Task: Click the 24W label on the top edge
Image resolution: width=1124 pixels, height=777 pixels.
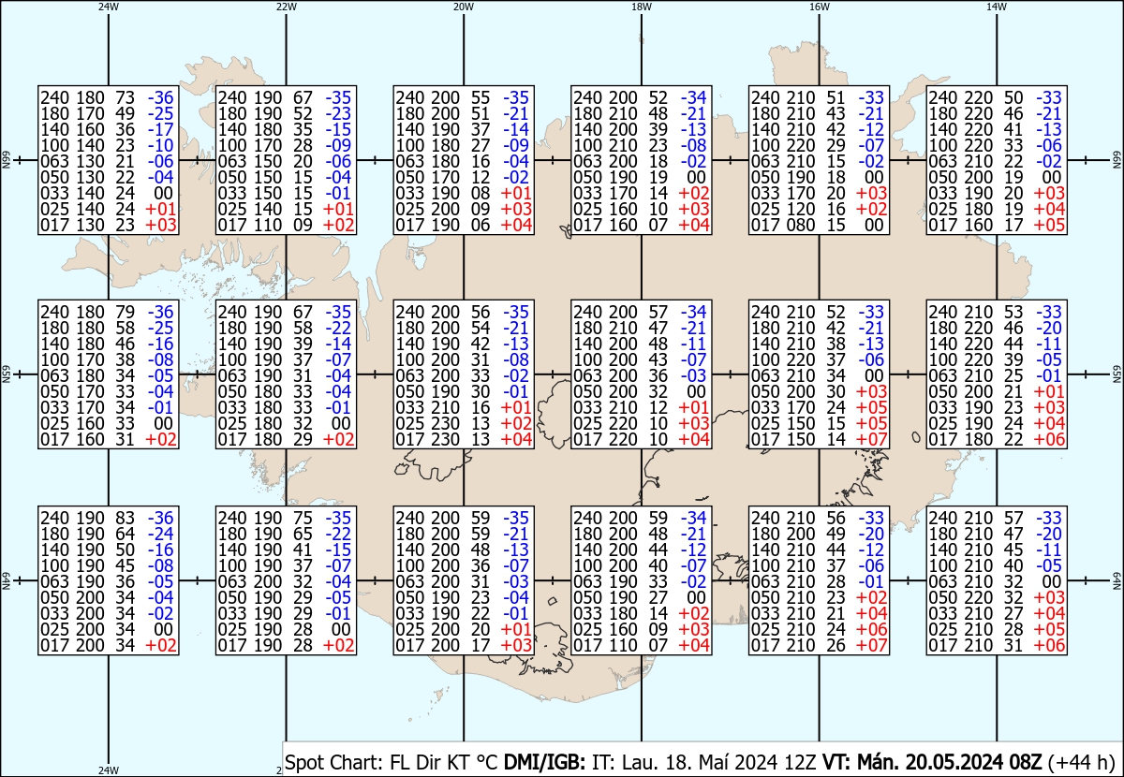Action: tap(109, 7)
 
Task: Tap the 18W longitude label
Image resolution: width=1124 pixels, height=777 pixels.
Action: tap(641, 7)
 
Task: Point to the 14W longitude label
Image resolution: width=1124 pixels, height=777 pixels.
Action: tap(996, 7)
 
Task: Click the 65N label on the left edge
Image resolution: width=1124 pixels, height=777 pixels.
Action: tap(6, 375)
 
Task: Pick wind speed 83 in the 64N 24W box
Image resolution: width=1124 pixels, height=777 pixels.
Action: tap(125, 518)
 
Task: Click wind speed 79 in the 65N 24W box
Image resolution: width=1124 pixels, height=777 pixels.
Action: tap(125, 312)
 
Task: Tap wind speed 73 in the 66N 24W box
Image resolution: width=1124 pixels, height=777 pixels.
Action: tap(125, 97)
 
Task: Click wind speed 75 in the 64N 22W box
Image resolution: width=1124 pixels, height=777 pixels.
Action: tap(303, 518)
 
